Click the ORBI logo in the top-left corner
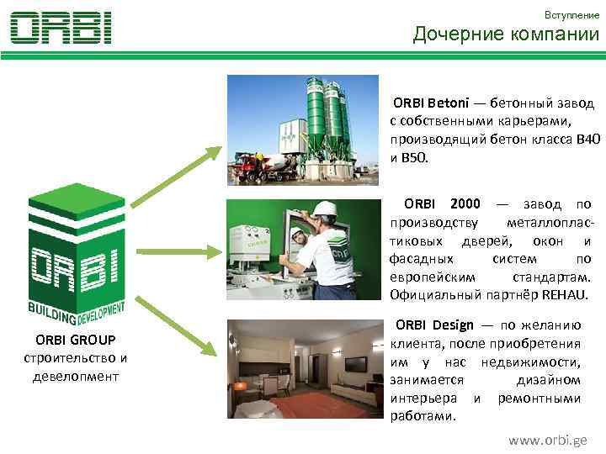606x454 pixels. (x=61, y=28)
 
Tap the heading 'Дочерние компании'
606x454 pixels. (x=506, y=34)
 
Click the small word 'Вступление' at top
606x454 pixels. (x=571, y=14)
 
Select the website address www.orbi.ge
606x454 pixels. (x=548, y=440)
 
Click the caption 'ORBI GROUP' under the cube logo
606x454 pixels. (x=76, y=340)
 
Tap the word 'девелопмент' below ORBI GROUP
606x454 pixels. (x=76, y=375)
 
